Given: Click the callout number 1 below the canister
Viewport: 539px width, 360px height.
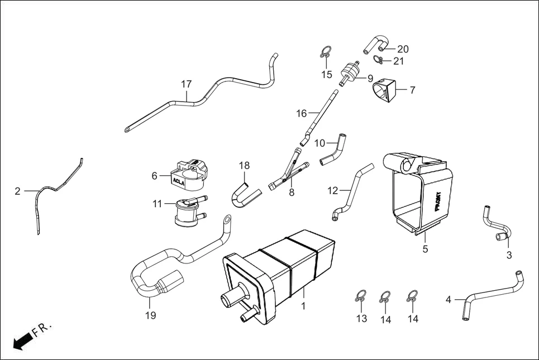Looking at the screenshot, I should (x=304, y=306).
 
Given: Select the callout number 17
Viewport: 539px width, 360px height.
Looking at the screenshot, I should (x=186, y=84).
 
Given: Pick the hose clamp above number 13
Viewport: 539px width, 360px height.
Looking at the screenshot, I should (x=360, y=296).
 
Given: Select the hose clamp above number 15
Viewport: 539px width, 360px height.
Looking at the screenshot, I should (x=326, y=53).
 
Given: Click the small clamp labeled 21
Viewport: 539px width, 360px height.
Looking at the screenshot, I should (x=378, y=60).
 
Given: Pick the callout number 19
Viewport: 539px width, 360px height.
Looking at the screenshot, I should (x=150, y=315).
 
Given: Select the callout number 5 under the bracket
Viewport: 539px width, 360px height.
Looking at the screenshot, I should (x=425, y=249).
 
